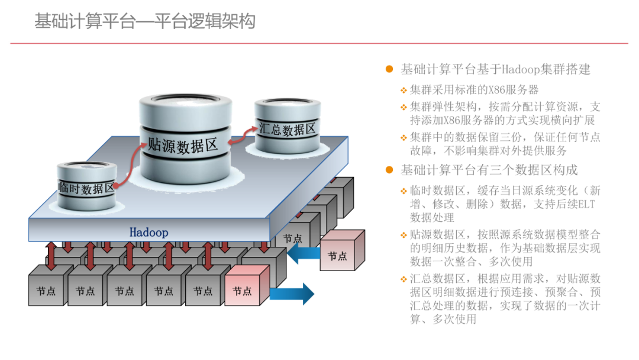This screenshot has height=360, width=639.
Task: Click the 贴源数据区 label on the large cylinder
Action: tap(183, 145)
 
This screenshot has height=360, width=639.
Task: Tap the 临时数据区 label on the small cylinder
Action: tap(86, 189)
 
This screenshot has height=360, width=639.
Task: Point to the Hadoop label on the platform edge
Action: tap(149, 232)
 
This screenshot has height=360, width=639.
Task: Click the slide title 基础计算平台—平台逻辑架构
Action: tap(145, 22)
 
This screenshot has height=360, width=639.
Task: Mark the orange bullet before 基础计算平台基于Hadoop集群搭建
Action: tap(389, 69)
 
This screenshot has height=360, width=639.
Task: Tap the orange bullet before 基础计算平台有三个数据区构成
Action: tap(389, 170)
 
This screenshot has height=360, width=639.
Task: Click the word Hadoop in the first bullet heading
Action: tap(521, 69)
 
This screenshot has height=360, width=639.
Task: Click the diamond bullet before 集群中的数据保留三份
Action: tap(404, 138)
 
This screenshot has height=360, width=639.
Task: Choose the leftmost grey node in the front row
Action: tap(47, 289)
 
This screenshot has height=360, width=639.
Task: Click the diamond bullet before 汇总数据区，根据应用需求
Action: tap(404, 279)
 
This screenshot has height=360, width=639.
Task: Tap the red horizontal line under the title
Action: tap(319, 43)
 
